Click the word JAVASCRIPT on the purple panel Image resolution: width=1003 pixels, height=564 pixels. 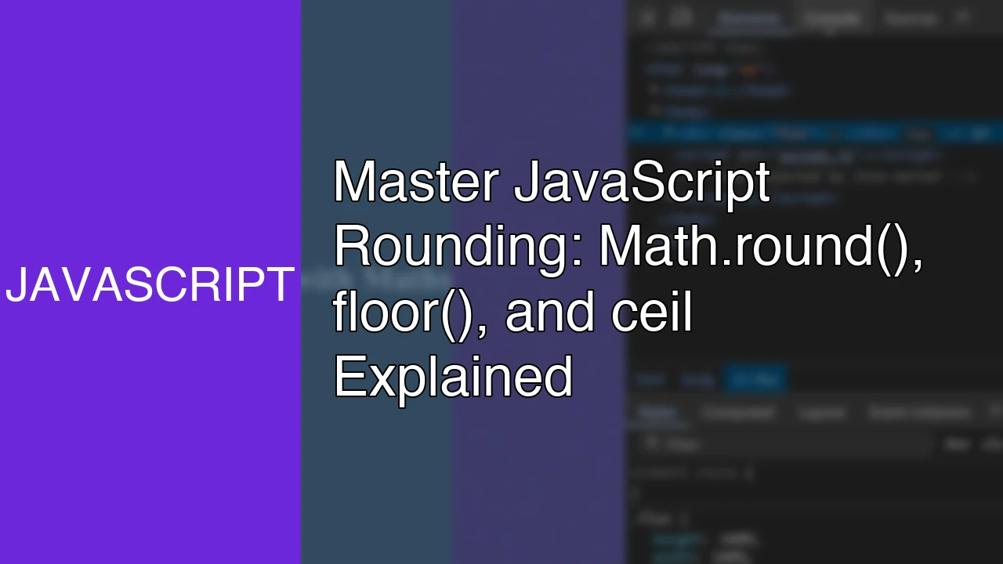[x=150, y=284]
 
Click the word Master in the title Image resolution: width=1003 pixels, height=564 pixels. [x=416, y=182]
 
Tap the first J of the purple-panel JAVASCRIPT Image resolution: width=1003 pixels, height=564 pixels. [x=16, y=284]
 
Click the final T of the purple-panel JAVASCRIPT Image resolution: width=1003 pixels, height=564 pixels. [x=281, y=284]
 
